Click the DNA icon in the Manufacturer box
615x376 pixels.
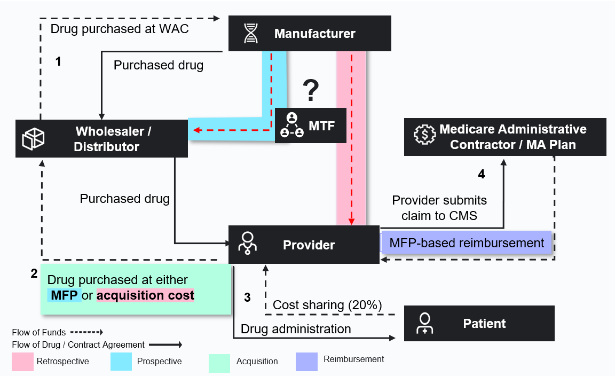pos(251,34)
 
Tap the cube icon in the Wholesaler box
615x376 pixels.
pos(33,139)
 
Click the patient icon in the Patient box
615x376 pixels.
pos(424,323)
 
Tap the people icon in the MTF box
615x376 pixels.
pos(291,126)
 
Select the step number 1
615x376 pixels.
pos(58,61)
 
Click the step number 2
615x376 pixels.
pos(34,274)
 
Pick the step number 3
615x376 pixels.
pos(247,297)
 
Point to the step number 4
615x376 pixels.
pos(481,174)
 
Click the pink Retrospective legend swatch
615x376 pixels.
pos(22,362)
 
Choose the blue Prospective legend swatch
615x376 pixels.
pos(121,362)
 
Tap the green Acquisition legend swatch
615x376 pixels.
pos(219,363)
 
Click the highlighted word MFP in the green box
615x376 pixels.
pos(64,295)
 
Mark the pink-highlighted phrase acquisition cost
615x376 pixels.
pos(145,295)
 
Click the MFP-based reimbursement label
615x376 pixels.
pos(467,243)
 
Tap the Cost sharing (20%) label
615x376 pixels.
pos(327,305)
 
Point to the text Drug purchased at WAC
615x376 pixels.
pos(120,29)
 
